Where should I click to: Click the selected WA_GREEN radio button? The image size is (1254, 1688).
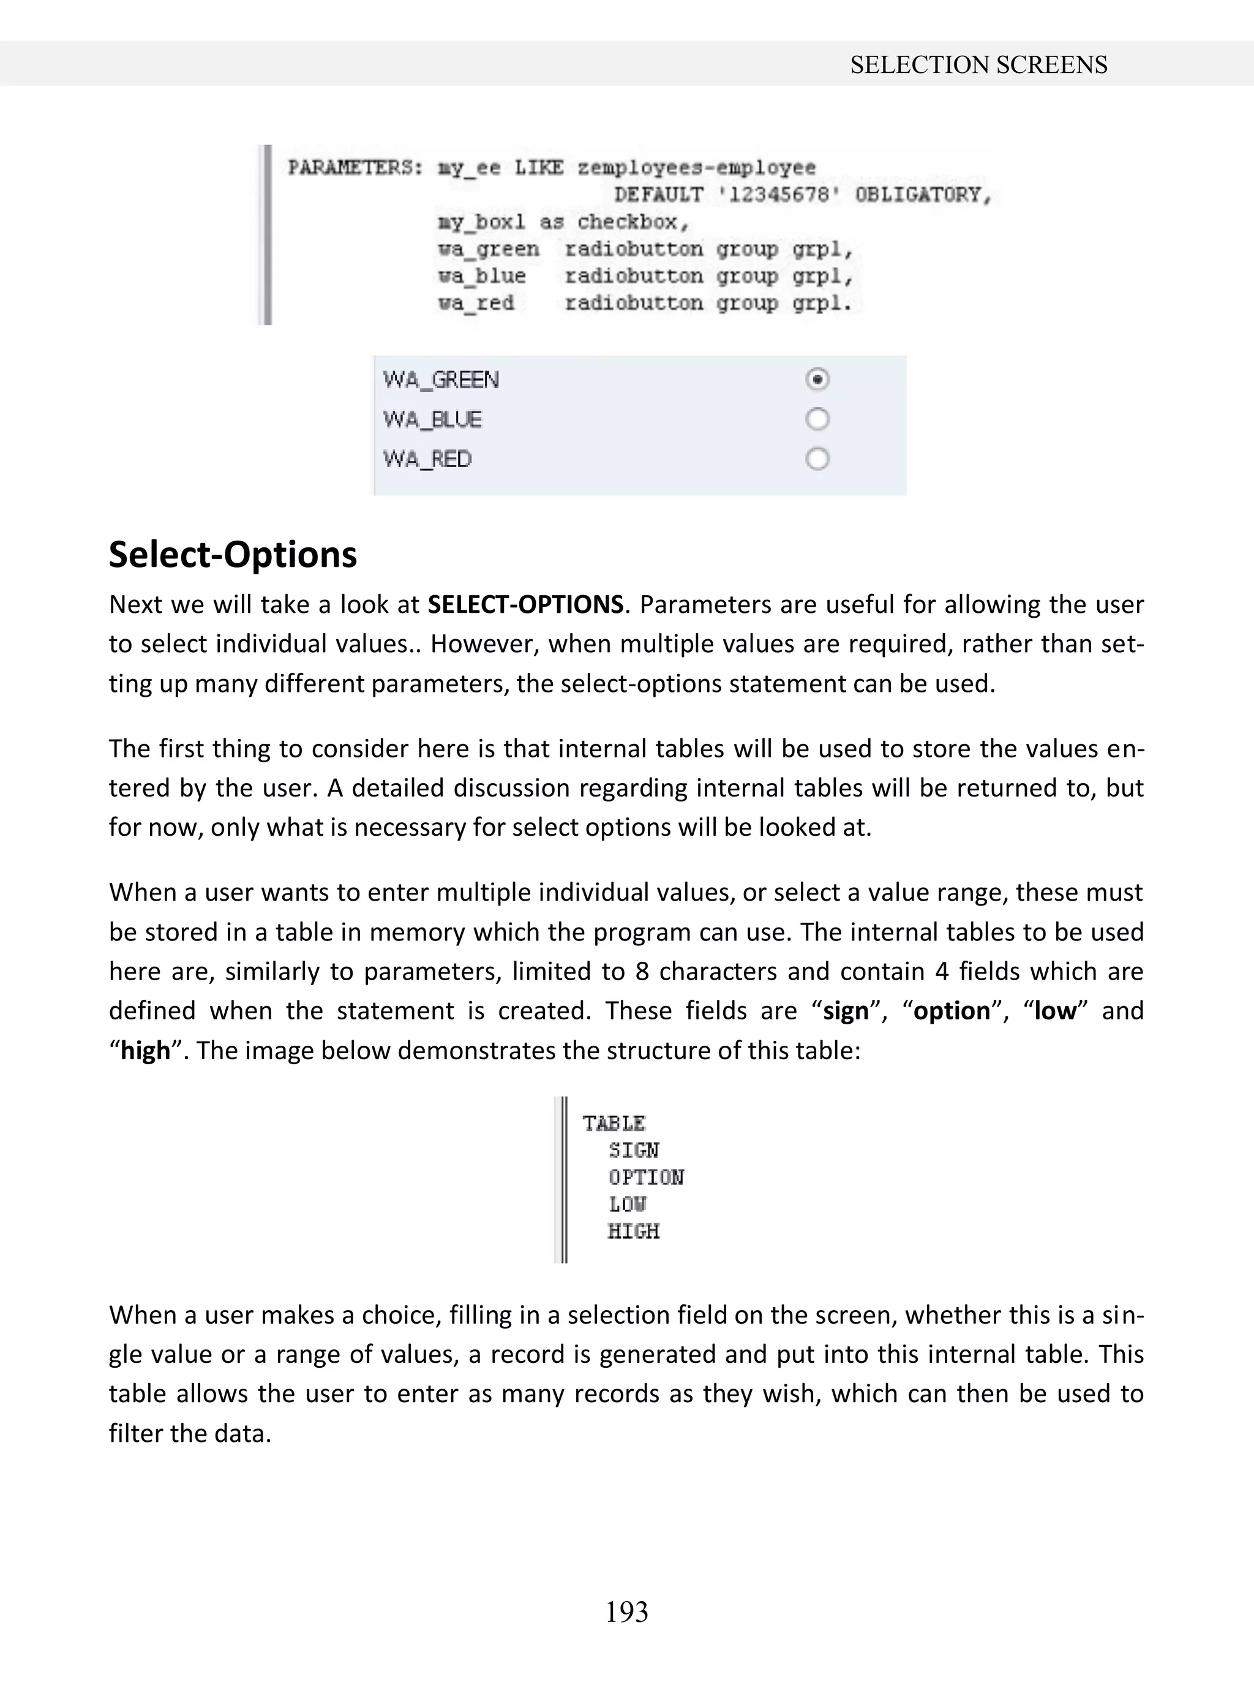[817, 379]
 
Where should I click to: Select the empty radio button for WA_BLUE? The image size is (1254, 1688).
[817, 419]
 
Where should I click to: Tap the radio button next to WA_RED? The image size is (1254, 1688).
[817, 459]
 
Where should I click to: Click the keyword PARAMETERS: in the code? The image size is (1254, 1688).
[355, 168]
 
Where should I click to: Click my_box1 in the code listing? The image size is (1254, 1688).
[481, 222]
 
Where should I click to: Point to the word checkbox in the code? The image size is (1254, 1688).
[631, 222]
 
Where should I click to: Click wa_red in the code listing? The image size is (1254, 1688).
[476, 303]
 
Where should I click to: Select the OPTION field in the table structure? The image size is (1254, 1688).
[645, 1177]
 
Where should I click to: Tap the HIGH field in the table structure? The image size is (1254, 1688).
[633, 1231]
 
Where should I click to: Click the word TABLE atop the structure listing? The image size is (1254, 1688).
[614, 1123]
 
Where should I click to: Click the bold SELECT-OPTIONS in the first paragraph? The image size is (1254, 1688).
[525, 605]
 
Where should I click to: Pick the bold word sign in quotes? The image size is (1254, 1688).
[845, 1011]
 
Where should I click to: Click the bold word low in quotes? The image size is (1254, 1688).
[1054, 1011]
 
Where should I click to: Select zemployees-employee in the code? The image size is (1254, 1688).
[696, 168]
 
